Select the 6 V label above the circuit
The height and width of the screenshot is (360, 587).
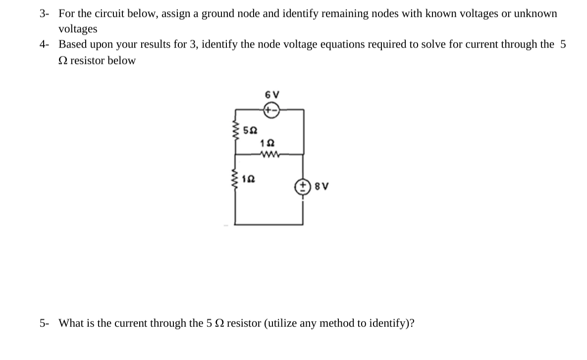[x=272, y=95]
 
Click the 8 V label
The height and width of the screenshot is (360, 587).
[x=318, y=188]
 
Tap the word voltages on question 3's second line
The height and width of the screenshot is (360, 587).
[x=78, y=29]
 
